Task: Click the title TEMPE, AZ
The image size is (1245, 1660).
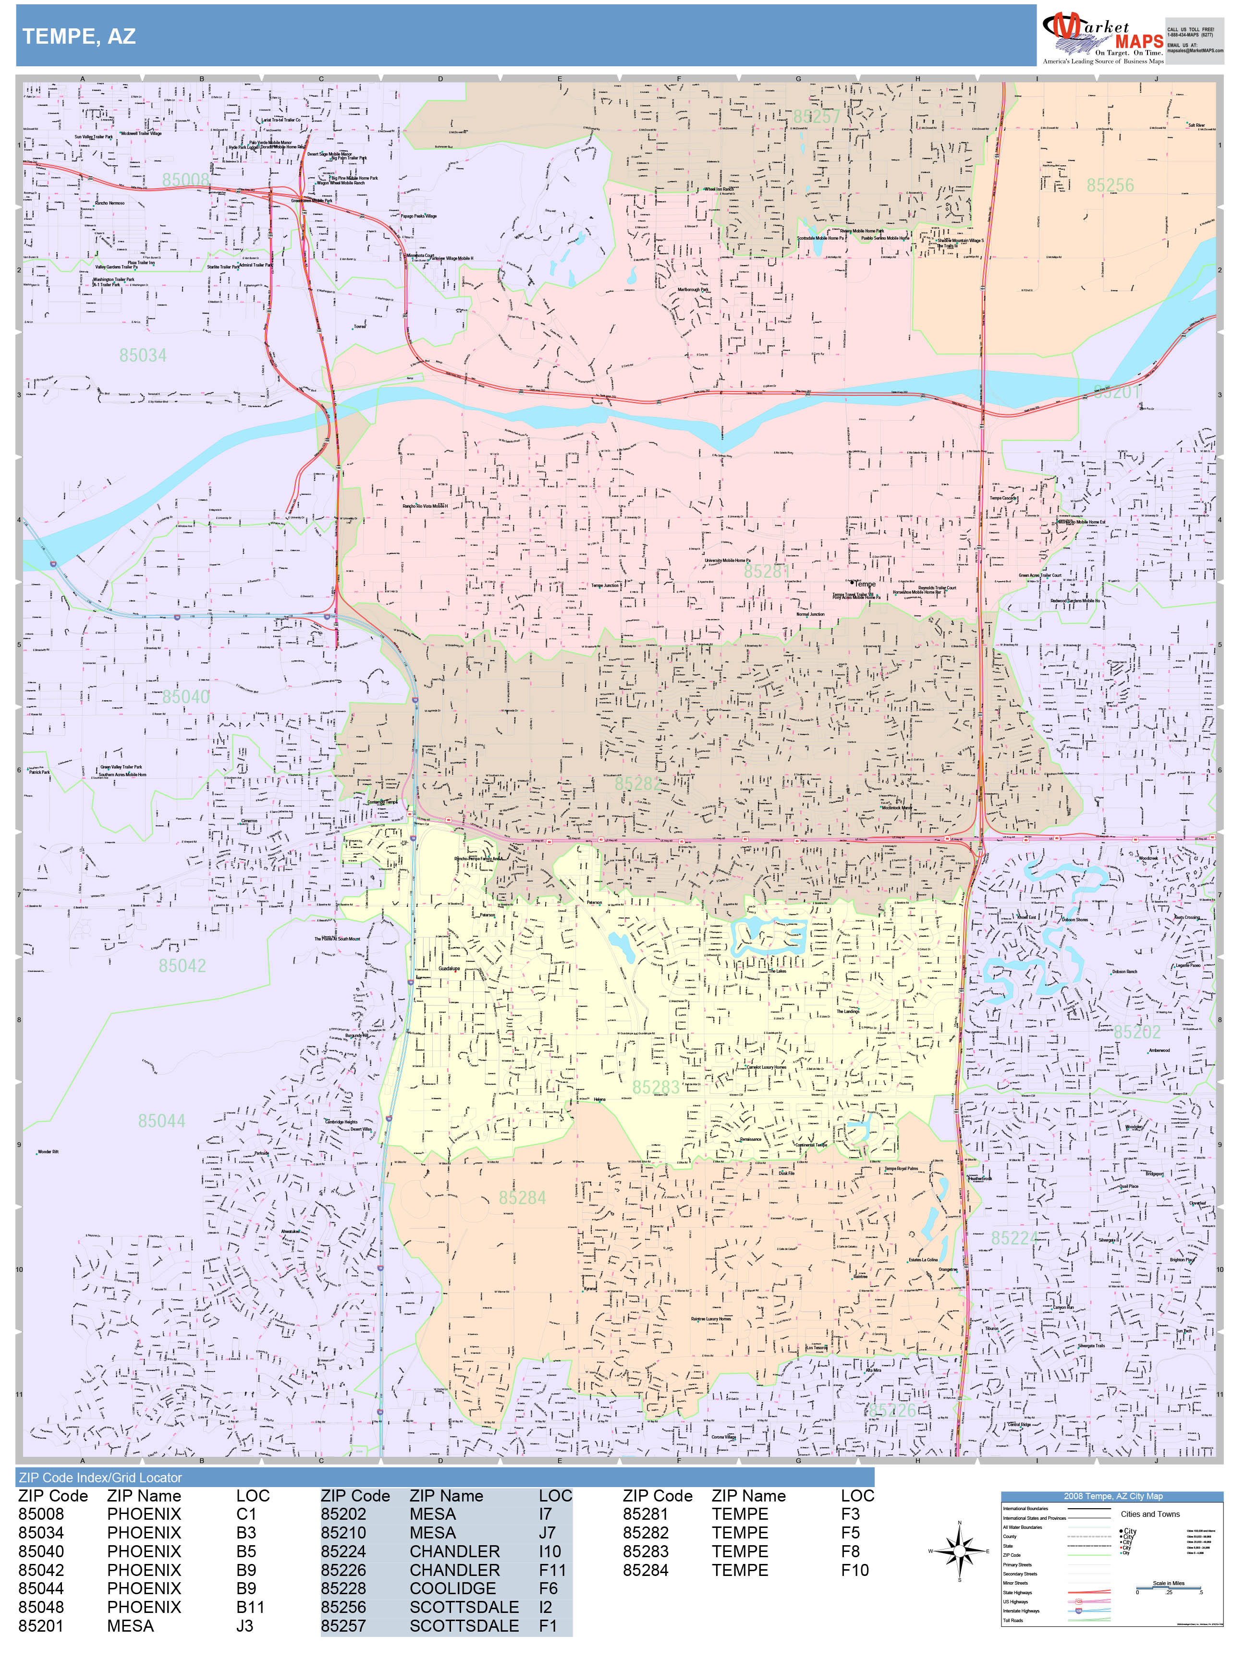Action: click(79, 36)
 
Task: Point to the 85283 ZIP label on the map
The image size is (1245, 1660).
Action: click(655, 1087)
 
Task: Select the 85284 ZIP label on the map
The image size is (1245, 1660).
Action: click(522, 1198)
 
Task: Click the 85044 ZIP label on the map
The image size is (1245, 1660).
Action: click(161, 1121)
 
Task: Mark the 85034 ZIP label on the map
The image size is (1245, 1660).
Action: click(143, 356)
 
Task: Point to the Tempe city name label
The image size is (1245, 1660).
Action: click(865, 584)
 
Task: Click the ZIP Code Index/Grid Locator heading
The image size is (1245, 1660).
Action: click(100, 1477)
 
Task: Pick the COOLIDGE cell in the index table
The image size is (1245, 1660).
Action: click(452, 1589)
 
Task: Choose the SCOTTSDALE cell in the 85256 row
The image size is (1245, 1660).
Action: click(464, 1608)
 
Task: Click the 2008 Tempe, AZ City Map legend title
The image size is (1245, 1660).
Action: click(1113, 1496)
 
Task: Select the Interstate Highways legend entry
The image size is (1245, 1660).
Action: click(1021, 1611)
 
